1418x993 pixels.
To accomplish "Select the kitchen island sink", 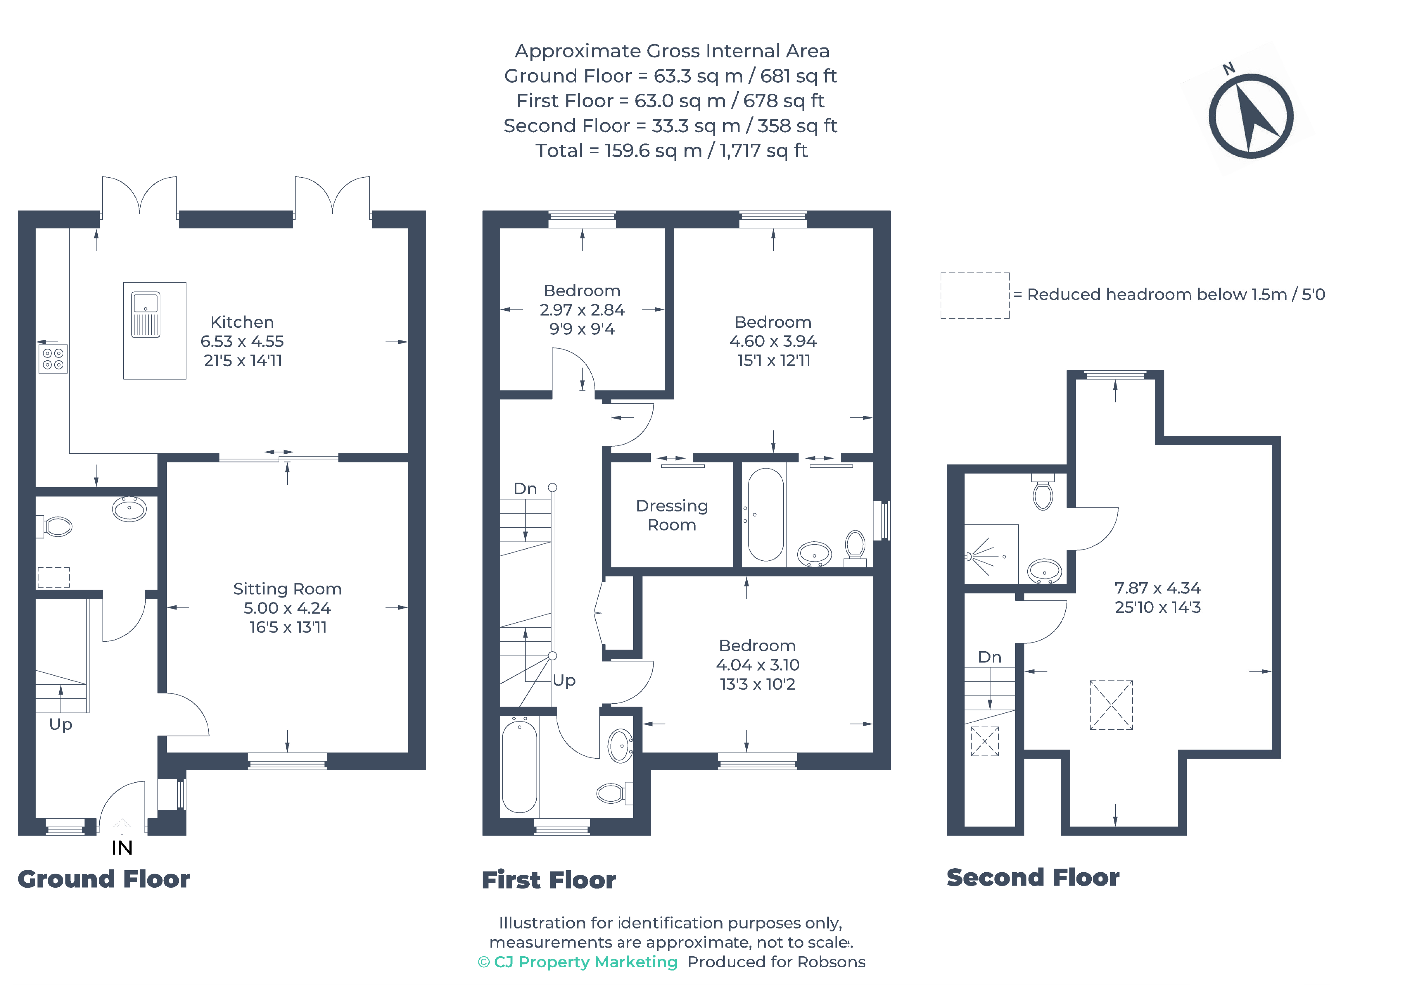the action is [146, 315].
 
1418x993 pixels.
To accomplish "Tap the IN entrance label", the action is [122, 848].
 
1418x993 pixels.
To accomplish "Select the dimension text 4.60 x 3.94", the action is [773, 341].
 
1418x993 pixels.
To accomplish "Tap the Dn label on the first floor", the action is [526, 489].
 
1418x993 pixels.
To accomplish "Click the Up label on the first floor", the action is [564, 680].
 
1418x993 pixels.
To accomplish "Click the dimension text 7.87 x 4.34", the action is [1158, 588].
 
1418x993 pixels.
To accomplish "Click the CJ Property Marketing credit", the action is [578, 962].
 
